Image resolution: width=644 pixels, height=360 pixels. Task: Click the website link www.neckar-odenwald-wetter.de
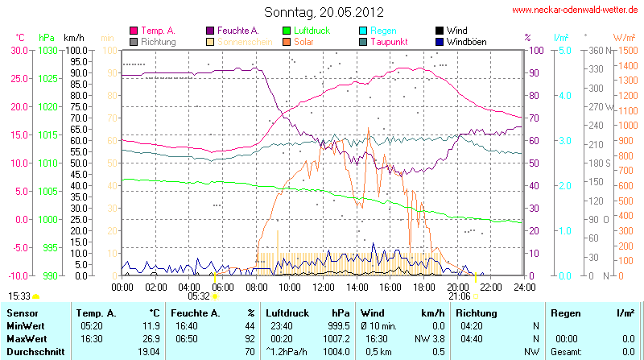click(x=576, y=10)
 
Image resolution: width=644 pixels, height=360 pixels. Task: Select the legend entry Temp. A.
click(x=158, y=31)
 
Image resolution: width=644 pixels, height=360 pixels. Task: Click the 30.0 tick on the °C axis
click(x=18, y=50)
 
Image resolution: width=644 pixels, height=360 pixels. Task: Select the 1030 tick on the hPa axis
click(x=47, y=50)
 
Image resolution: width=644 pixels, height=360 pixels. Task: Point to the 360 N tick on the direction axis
click(x=595, y=50)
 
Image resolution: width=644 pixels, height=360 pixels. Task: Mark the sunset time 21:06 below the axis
click(x=460, y=296)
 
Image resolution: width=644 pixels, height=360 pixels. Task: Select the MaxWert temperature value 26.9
click(x=150, y=338)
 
